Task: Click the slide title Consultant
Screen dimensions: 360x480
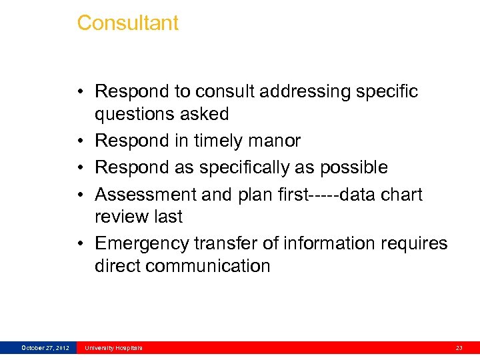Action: point(127,23)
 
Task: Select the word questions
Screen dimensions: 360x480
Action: point(137,114)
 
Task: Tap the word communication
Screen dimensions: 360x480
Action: point(207,266)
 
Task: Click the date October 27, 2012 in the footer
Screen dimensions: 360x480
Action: point(45,348)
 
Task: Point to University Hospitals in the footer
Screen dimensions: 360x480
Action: point(113,348)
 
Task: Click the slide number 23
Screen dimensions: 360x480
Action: point(459,348)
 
